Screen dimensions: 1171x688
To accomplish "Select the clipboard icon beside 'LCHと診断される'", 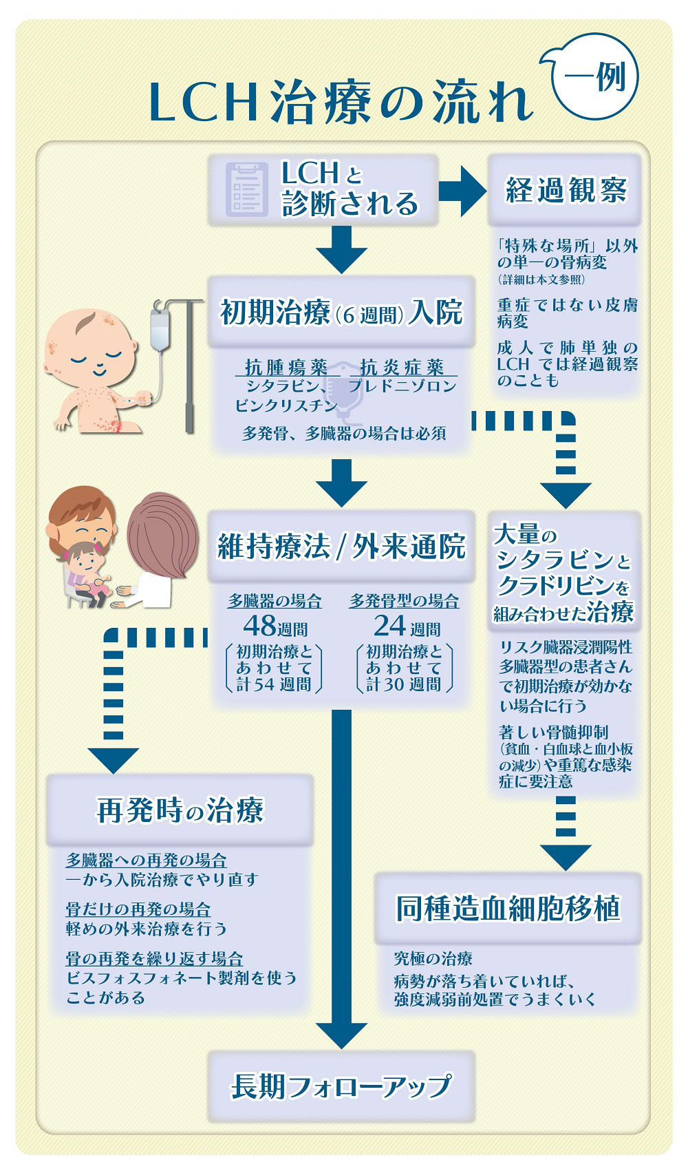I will pos(246,189).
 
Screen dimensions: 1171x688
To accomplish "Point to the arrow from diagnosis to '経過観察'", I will pos(462,191).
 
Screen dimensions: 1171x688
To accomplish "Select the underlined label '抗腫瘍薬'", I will pos(286,368).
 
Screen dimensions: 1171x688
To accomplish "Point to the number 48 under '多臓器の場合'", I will pos(259,626).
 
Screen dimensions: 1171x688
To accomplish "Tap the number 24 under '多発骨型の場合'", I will pos(389,626).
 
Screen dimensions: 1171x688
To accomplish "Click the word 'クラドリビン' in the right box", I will pos(555,587).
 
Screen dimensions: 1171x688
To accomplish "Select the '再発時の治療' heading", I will pos(180,810).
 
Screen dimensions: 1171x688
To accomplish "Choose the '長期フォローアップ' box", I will pos(341,1086).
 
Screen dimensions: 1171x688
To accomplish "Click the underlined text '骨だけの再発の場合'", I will pos(138,909).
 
